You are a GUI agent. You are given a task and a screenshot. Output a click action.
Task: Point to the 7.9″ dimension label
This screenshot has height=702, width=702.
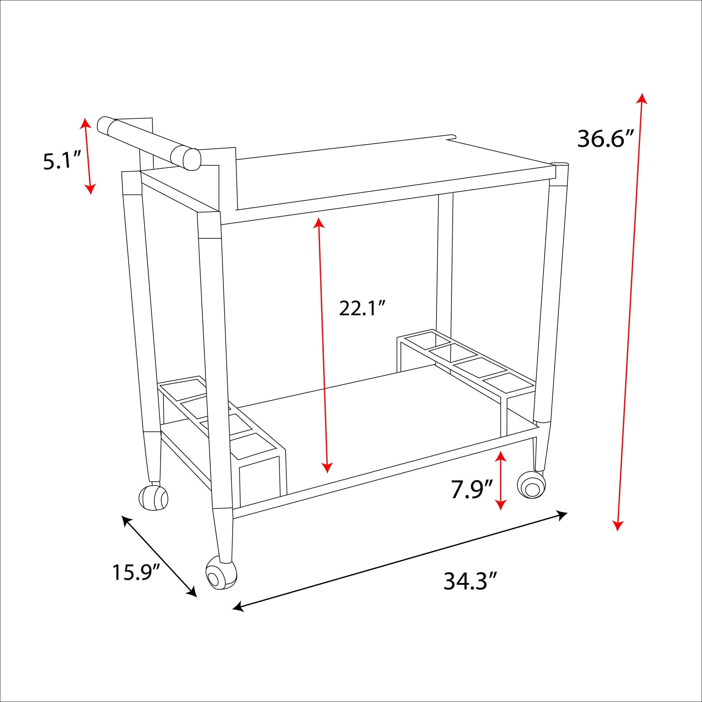click(472, 489)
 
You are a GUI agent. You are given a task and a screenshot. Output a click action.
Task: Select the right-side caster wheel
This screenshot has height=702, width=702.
click(532, 485)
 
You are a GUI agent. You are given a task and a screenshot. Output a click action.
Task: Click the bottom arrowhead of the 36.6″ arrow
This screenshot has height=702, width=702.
click(618, 526)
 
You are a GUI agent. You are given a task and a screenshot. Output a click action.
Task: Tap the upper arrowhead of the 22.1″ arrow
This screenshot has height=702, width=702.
click(319, 222)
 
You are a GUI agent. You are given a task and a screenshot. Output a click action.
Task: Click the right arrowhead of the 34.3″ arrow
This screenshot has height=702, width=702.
click(562, 514)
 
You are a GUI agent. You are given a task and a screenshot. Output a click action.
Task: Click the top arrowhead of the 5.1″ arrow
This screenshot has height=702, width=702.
click(85, 122)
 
